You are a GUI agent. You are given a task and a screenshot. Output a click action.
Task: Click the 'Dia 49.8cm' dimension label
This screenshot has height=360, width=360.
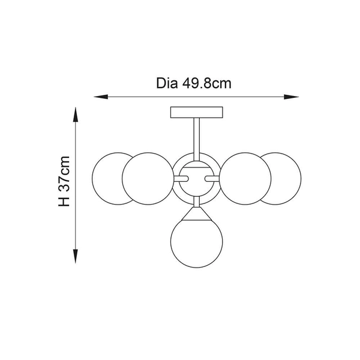tap(194, 83)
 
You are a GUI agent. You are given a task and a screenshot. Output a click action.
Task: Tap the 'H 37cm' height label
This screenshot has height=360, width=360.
tap(64, 181)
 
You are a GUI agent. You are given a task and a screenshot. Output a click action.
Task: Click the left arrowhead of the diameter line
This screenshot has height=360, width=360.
tap(101, 97)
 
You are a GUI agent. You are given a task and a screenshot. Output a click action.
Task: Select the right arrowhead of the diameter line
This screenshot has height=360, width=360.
tap(292, 97)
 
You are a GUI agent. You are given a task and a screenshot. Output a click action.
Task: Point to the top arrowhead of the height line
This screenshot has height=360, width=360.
tap(76, 115)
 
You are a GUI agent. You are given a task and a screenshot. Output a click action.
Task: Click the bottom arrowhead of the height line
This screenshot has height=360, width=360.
tap(76, 256)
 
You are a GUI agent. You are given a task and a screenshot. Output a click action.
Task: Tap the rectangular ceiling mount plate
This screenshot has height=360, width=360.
tap(197, 112)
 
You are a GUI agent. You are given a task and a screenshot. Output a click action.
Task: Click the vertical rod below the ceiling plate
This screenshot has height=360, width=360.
tap(197, 139)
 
